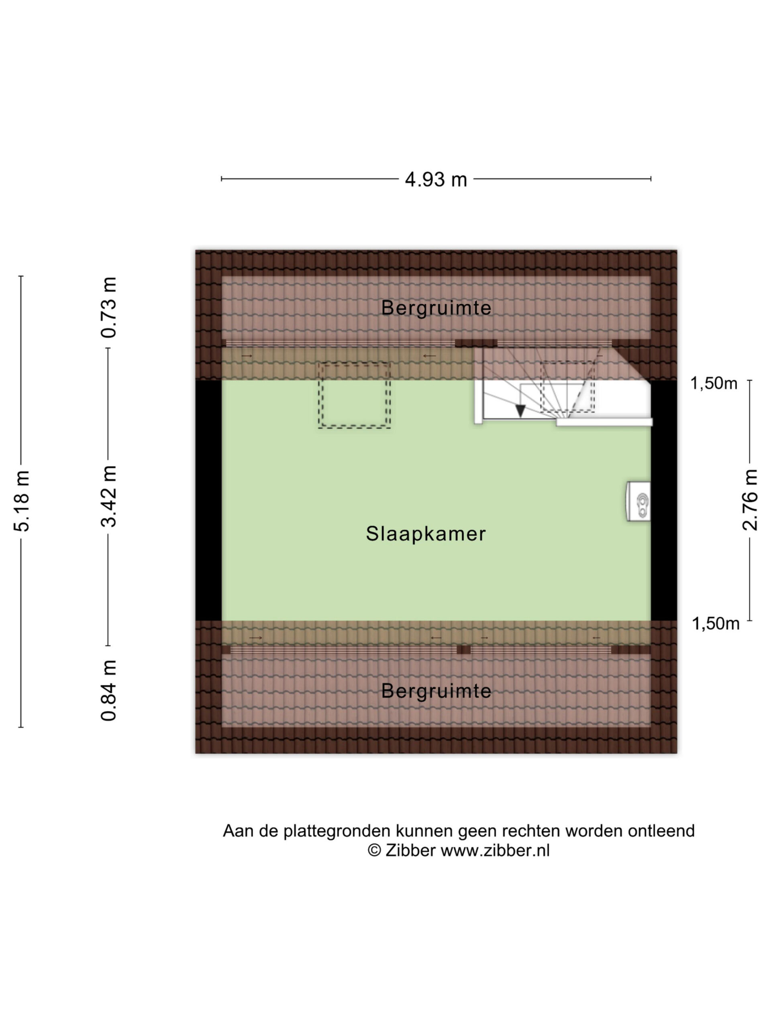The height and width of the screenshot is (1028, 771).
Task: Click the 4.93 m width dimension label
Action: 435,179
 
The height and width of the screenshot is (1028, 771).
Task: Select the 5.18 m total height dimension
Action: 22,500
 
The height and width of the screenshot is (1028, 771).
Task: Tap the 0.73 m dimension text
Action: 108,307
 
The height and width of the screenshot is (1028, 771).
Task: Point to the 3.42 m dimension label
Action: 108,496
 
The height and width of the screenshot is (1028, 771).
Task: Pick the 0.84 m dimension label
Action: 108,690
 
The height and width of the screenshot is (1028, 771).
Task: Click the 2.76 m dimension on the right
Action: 750,500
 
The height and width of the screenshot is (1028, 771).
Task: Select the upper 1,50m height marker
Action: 713,383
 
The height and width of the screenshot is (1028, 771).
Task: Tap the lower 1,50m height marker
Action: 715,623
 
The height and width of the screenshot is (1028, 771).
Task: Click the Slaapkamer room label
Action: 426,534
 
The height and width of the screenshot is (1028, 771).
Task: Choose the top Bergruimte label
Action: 436,308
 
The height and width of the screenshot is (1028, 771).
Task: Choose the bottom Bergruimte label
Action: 436,691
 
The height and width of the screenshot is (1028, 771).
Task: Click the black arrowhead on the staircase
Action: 520,411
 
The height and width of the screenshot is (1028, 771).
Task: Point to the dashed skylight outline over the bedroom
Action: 354,395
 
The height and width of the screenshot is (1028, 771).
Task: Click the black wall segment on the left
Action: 208,500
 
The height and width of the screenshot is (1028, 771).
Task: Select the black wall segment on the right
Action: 664,500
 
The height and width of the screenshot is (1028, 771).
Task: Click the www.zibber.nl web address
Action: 496,851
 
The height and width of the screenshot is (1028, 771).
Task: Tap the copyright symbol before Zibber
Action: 374,851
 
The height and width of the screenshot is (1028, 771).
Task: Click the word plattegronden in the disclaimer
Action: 337,831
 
